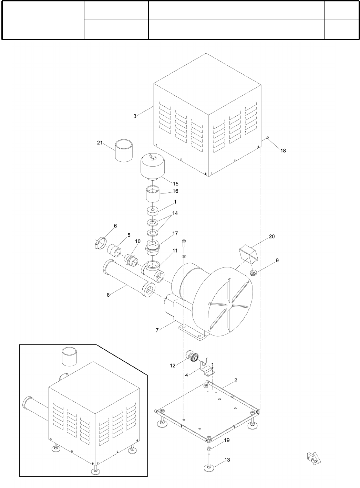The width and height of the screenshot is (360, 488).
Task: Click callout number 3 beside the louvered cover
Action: coord(135,116)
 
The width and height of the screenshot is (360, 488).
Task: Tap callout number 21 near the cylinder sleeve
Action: coord(100,143)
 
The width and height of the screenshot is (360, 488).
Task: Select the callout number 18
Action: coord(283,150)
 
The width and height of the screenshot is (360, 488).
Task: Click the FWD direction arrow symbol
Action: coord(313,459)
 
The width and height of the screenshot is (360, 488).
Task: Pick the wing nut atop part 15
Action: coord(152,158)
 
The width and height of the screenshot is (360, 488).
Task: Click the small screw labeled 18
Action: coord(267,138)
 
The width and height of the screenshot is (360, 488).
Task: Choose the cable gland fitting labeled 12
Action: coord(192,357)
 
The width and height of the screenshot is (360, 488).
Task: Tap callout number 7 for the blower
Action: coord(157,330)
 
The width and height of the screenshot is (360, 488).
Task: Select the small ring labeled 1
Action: coord(153,210)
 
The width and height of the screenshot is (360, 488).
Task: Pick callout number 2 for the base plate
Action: coord(236,380)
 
